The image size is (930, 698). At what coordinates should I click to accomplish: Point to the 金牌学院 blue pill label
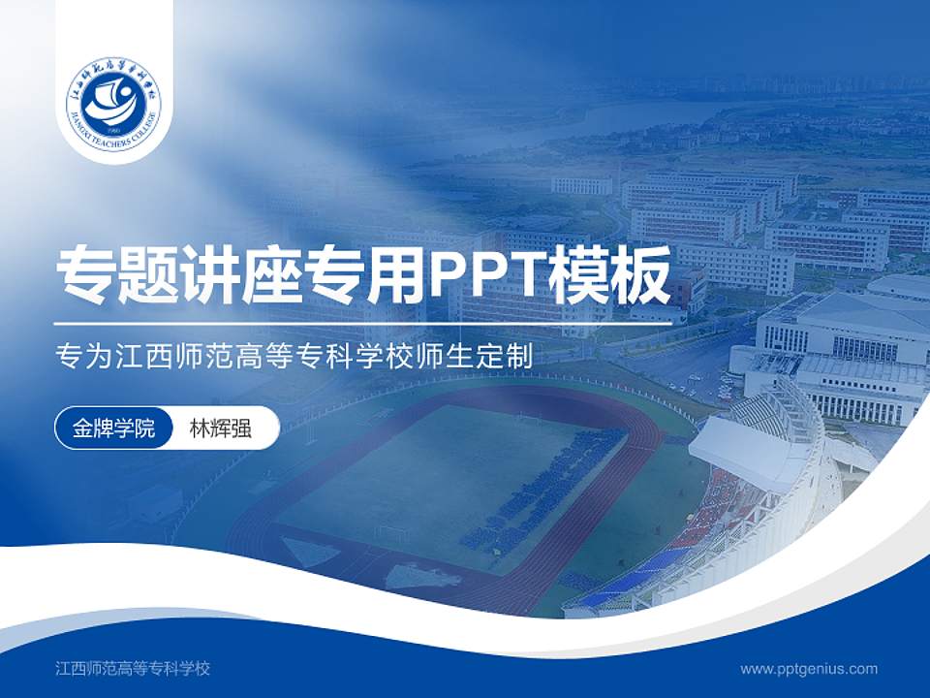113,428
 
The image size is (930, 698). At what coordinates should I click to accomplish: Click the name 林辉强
220,428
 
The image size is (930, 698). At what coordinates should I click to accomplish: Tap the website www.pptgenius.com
809,668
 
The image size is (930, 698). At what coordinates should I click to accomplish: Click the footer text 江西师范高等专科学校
134,668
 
